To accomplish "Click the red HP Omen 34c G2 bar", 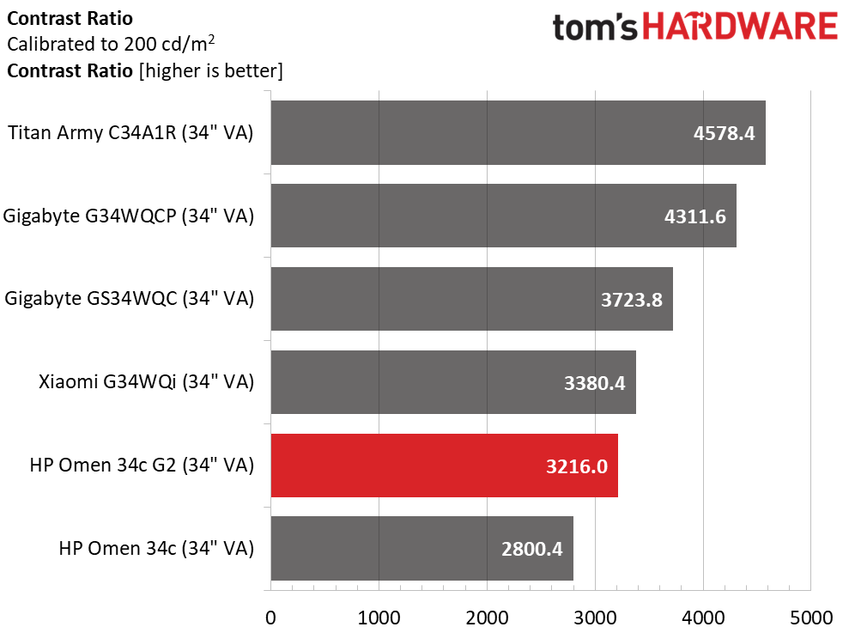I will tap(444, 466).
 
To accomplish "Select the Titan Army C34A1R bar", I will tap(518, 133).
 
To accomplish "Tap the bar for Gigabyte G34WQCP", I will tap(503, 216).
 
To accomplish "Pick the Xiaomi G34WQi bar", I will tap(453, 382).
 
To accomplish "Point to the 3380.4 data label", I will tap(594, 382).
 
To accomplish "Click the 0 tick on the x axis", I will tap(270, 618).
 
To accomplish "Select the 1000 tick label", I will tap(379, 618).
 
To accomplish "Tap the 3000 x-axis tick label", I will tap(595, 618).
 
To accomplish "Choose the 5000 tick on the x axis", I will tap(810, 618).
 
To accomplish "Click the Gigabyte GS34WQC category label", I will tap(130, 300).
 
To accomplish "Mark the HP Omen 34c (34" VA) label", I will tap(156, 549).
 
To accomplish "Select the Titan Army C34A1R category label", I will tap(130, 133).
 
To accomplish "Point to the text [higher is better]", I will tap(211, 70).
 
